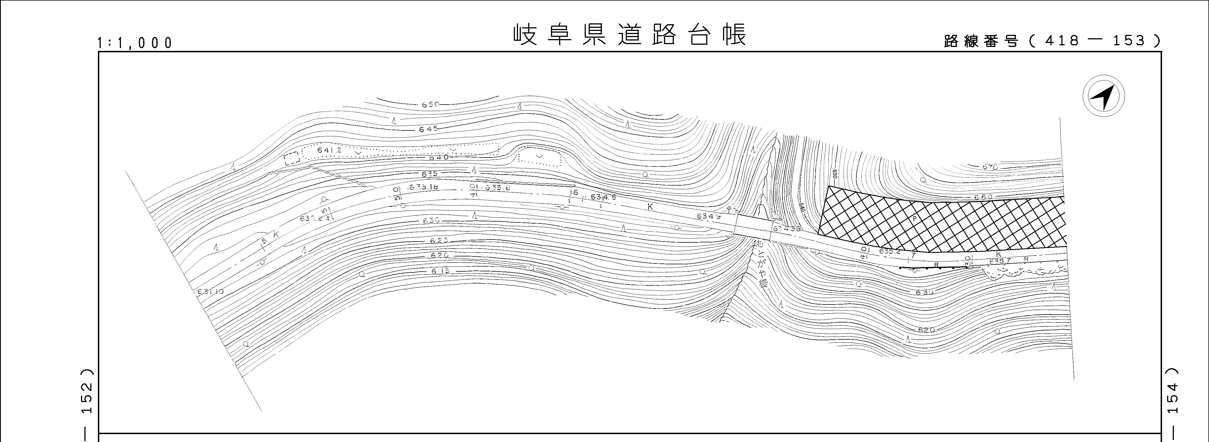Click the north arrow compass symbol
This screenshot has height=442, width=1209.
coord(1104,96)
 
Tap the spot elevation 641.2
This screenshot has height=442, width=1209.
coord(329,150)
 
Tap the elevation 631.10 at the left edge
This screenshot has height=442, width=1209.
coord(210,291)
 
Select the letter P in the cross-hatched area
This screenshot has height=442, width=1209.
coord(914,219)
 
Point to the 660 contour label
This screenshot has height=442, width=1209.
coord(983,197)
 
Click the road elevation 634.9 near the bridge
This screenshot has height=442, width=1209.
coord(709,216)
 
